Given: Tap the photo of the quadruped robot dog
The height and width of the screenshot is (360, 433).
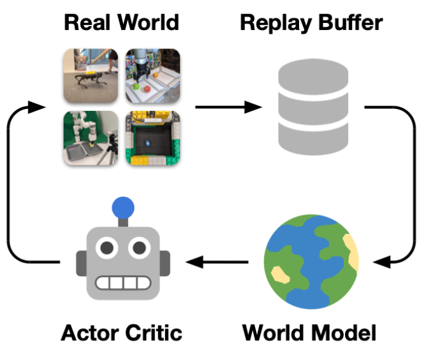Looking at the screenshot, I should (91, 75).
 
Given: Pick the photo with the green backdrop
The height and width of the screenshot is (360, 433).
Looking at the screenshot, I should (91, 138).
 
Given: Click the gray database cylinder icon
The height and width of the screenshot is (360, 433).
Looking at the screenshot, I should (313, 106).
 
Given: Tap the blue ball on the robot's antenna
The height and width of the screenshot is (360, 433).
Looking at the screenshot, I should (122, 208).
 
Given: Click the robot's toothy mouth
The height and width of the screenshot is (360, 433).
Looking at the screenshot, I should (122, 282).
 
